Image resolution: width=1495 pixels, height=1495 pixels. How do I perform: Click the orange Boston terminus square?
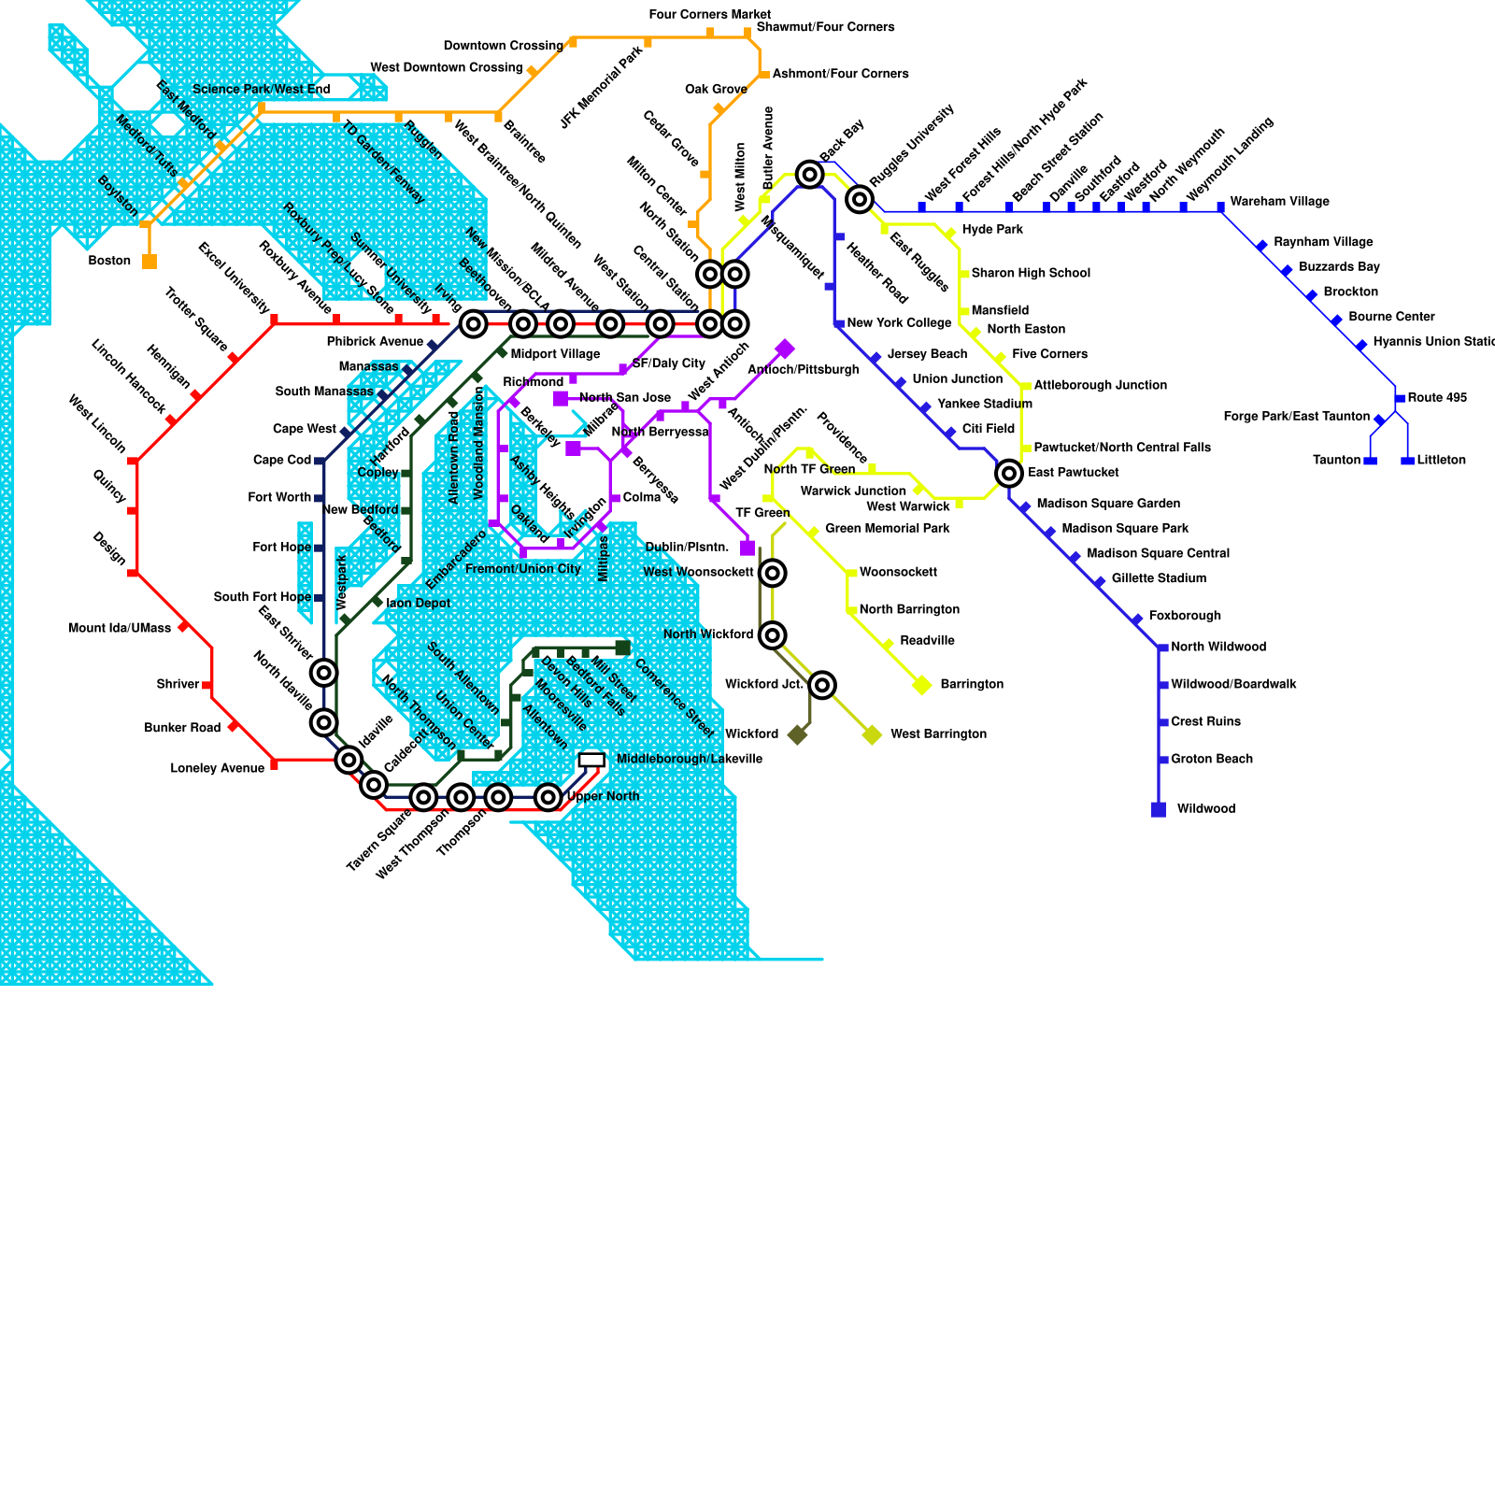pos(149,262)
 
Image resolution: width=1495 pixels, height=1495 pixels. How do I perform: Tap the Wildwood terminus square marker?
pos(1159,809)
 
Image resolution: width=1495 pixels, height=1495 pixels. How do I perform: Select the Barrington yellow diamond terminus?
pos(922,685)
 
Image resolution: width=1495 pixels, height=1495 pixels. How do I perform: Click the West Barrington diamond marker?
pos(872,734)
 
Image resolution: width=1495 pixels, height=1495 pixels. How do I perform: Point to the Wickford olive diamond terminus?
pos(797,734)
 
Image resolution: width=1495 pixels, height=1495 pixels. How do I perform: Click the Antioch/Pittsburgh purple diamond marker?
pos(785,349)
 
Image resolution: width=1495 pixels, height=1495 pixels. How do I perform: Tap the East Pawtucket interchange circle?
pos(1009,473)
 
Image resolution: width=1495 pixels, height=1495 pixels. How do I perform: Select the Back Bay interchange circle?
pos(809,174)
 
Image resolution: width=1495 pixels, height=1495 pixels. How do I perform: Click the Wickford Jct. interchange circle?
pos(822,685)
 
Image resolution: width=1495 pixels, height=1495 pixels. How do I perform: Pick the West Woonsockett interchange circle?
pos(772,573)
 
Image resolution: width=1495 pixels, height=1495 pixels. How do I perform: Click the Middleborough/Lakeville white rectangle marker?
pos(591,761)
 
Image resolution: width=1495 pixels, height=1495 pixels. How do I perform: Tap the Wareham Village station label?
pos(1279,202)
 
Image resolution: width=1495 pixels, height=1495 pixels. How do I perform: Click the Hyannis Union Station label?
pos(1433,342)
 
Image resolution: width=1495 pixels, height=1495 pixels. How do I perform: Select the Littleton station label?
pos(1441,460)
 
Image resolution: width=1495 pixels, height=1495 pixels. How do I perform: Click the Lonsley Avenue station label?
pos(217,768)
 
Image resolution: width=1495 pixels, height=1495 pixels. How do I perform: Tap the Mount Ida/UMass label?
pos(120,628)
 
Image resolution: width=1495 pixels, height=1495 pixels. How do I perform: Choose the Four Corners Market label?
pos(709,14)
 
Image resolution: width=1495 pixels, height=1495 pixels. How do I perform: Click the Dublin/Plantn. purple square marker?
pos(747,548)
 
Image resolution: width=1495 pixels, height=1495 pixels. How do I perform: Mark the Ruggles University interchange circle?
pos(860,198)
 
